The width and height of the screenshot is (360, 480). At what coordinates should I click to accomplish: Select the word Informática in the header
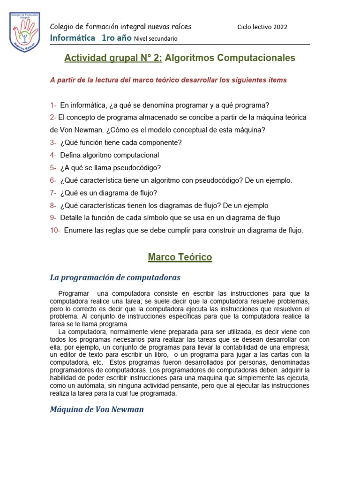click(72, 37)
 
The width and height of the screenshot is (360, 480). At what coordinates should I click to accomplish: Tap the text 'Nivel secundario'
click(156, 38)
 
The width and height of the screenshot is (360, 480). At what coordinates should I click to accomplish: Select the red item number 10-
click(55, 230)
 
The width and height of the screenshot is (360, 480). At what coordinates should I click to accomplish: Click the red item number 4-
click(53, 155)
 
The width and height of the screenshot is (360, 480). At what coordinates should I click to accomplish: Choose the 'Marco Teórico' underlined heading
click(180, 257)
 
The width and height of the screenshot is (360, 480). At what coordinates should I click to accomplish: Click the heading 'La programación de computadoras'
click(115, 277)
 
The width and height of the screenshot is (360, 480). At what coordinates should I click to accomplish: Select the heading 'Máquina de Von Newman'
click(97, 409)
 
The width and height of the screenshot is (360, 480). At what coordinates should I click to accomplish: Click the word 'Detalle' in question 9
click(71, 217)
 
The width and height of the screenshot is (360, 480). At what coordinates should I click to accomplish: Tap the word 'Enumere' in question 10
click(78, 230)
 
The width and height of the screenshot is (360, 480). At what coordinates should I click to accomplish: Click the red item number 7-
click(53, 193)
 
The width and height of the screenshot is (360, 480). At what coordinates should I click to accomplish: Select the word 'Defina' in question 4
click(70, 155)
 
